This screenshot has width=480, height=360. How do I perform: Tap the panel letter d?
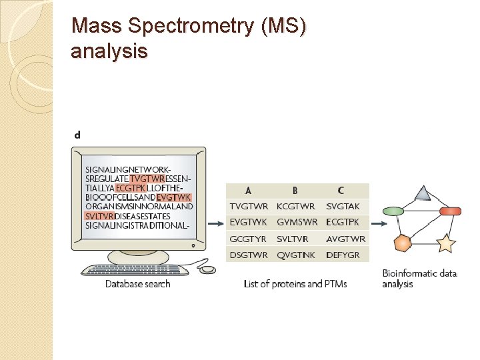pyautogui.click(x=77, y=135)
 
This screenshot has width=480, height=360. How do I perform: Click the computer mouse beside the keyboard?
pyautogui.click(x=208, y=269)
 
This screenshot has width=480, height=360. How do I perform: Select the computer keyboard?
pyautogui.click(x=139, y=269)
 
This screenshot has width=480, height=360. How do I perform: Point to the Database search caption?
pyautogui.click(x=138, y=284)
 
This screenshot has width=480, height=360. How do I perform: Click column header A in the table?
pyautogui.click(x=248, y=191)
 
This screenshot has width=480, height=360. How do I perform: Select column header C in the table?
pyautogui.click(x=341, y=191)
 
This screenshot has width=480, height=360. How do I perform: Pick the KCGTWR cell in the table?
pyautogui.click(x=296, y=207)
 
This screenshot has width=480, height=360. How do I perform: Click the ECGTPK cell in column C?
pyautogui.click(x=343, y=222)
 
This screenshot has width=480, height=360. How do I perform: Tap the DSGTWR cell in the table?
pyautogui.click(x=249, y=255)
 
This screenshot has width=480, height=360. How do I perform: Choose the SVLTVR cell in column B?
pyautogui.click(x=294, y=239)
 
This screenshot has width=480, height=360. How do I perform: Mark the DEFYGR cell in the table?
pyautogui.click(x=343, y=255)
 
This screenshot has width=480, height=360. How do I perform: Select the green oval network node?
pyautogui.click(x=393, y=211)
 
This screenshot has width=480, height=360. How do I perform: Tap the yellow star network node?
pyautogui.click(x=445, y=244)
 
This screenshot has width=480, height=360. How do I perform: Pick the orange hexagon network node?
pyautogui.click(x=403, y=243)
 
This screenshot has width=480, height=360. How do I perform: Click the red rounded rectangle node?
pyautogui.click(x=451, y=211)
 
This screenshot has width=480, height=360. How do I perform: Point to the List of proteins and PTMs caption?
pyautogui.click(x=295, y=284)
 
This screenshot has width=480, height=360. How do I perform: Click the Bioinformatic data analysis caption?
pyautogui.click(x=419, y=279)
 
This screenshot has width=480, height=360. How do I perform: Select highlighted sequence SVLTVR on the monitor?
pyautogui.click(x=100, y=216)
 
